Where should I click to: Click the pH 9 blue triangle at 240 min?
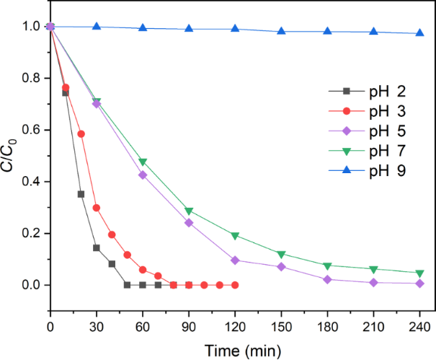click(x=420, y=33)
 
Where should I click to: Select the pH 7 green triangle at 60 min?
click(x=143, y=162)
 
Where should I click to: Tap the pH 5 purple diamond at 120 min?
click(x=235, y=260)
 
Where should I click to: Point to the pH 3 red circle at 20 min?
click(x=81, y=133)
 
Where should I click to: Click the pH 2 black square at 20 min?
click(x=81, y=194)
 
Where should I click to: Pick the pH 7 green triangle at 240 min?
click(x=420, y=273)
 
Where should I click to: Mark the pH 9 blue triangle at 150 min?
click(x=282, y=32)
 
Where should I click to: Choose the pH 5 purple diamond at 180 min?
click(x=328, y=279)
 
